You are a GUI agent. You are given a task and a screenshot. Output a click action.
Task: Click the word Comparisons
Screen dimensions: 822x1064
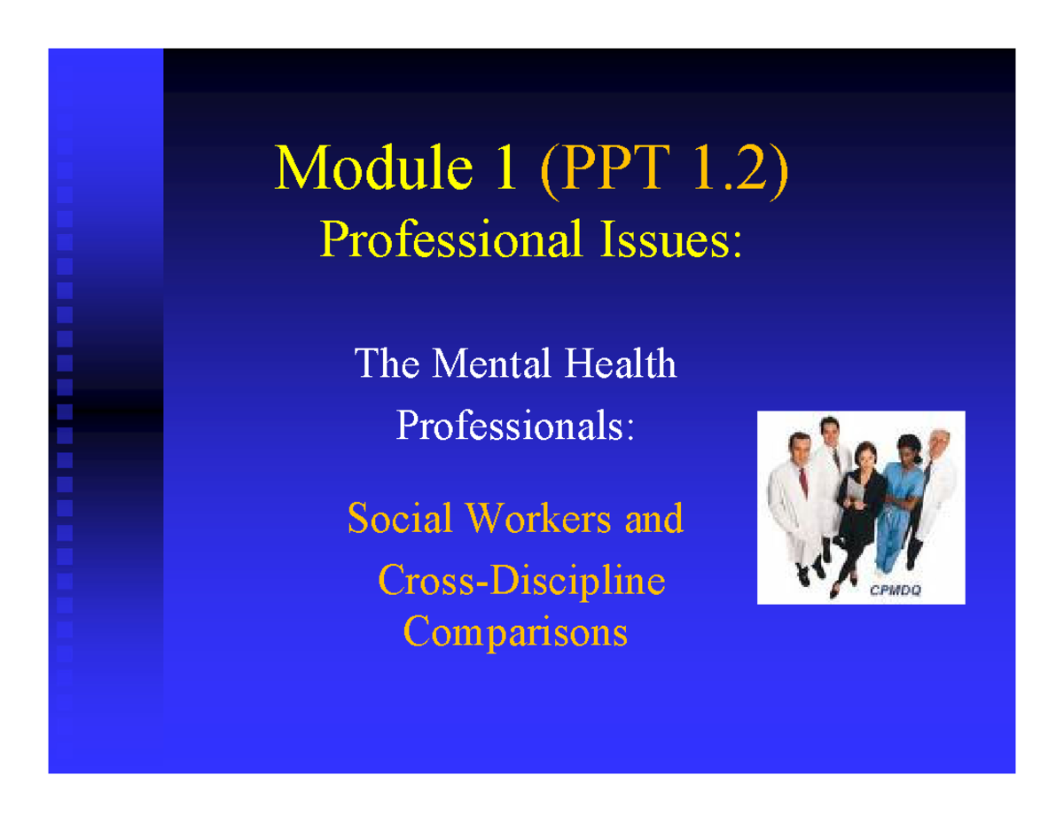pos(516,632)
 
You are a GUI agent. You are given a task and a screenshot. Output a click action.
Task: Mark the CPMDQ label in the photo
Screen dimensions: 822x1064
pos(896,592)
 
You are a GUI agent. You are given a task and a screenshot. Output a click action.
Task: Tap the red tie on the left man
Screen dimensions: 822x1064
pos(803,482)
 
